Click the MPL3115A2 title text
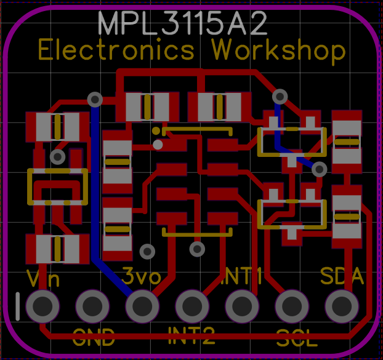click(183, 24)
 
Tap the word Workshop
click(278, 50)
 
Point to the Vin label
click(43, 279)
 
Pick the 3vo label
click(142, 275)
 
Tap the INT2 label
click(191, 335)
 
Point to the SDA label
click(342, 276)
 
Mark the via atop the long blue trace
click(95, 98)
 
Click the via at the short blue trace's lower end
click(319, 168)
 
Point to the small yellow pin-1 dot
click(156, 130)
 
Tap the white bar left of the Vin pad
click(18, 306)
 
